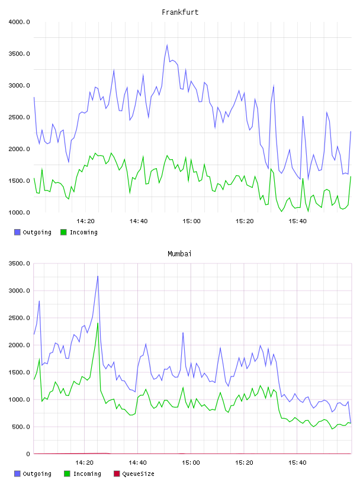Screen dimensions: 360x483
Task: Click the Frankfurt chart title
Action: coord(180,12)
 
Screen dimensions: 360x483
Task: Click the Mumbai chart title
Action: coord(179,254)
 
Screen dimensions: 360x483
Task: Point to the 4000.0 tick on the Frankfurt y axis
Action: coord(20,22)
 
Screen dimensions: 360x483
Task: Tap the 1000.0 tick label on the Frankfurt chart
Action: coord(20,212)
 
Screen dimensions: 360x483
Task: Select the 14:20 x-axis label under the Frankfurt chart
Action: coord(85,221)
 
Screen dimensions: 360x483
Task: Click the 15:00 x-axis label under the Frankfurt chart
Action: coord(191,221)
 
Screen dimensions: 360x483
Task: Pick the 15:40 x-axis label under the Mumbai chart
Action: coord(297,463)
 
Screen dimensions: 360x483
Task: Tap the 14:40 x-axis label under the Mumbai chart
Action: coord(138,463)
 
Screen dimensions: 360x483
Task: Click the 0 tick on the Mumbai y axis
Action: coord(28,454)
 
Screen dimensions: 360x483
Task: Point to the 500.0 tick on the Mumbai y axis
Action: coord(21,427)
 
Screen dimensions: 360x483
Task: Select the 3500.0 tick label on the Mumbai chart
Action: coord(20,263)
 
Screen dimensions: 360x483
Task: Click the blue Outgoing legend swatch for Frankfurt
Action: coord(17,232)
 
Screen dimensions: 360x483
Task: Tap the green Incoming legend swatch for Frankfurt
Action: coord(63,232)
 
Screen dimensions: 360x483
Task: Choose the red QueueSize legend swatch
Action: coord(117,474)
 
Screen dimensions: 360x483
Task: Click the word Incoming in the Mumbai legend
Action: coord(87,474)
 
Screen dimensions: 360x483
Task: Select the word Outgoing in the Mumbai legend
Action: coord(37,474)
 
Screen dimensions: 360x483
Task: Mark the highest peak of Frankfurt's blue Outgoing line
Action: coord(167,45)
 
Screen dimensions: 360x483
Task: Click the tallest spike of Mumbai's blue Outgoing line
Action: coord(98,276)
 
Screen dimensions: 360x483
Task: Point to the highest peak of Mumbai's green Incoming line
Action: coord(98,323)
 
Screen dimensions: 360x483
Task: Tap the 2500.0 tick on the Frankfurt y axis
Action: coord(20,117)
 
